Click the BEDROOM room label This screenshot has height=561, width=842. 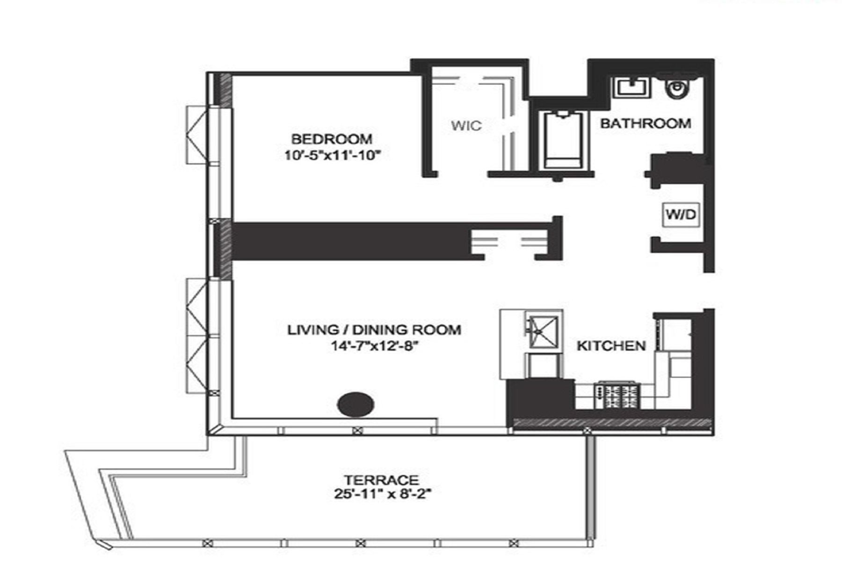(x=332, y=139)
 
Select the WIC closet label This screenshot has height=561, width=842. (x=466, y=125)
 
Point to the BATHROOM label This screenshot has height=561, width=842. (x=646, y=123)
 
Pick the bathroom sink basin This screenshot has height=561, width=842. (x=631, y=87)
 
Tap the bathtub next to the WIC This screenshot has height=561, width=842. (x=563, y=140)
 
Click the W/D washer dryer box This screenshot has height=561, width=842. (x=681, y=215)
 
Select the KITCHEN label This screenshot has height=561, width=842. (x=611, y=346)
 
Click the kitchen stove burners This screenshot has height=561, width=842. (x=617, y=396)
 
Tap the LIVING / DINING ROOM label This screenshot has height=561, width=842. (x=374, y=330)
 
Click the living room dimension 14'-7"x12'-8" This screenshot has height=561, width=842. (x=374, y=346)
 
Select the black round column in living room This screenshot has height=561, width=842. (x=356, y=404)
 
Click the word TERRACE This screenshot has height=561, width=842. (x=381, y=480)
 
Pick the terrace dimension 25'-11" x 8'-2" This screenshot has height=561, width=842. (x=382, y=494)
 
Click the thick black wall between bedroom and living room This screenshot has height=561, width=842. (x=351, y=241)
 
